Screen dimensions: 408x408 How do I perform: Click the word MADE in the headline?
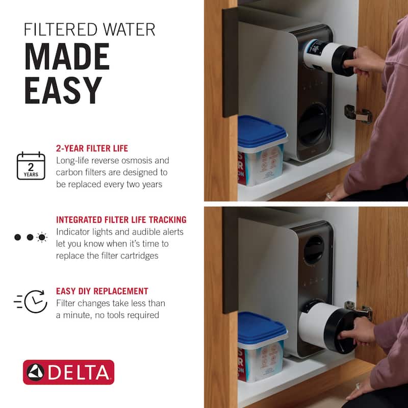click(x=67, y=57)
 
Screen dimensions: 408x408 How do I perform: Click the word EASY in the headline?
click(x=63, y=91)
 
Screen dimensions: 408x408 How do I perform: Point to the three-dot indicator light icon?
click(x=31, y=237)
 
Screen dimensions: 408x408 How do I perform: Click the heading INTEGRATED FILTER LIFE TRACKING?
click(x=121, y=220)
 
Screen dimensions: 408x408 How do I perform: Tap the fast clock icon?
click(x=31, y=301)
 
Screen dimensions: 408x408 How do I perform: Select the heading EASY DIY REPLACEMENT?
click(x=102, y=292)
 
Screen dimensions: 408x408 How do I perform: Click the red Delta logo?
click(x=68, y=372)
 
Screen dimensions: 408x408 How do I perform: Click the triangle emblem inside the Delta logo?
click(x=36, y=372)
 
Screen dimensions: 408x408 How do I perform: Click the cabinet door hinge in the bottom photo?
click(x=360, y=310)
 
